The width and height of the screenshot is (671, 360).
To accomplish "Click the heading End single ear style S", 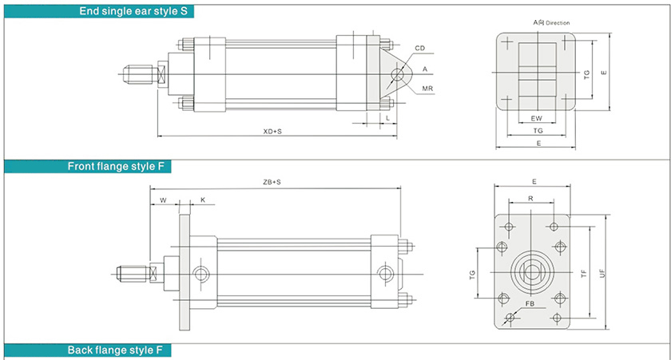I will click(136, 11).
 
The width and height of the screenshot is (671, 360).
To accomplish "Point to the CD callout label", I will click(419, 49).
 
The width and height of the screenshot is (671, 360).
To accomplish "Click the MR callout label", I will click(428, 88).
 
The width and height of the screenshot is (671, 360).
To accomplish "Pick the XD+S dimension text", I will click(272, 131).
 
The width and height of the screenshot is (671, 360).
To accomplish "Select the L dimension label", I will click(387, 117).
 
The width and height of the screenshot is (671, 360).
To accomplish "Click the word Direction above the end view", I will click(558, 23).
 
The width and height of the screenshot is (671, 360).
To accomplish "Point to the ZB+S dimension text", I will click(272, 183).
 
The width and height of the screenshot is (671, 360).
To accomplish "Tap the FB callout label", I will click(530, 304).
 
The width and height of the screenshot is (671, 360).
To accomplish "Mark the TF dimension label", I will click(584, 272).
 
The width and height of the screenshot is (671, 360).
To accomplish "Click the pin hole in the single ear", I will click(397, 77).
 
